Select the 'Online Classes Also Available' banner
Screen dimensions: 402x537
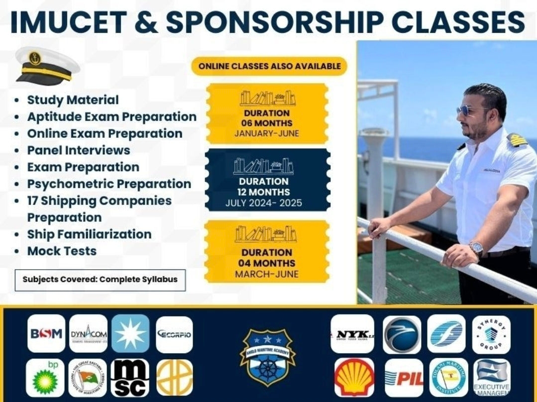[269, 66]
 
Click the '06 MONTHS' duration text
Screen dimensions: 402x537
[267, 123]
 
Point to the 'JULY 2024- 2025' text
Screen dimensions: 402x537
[264, 203]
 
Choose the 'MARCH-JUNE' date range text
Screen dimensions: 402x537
[267, 274]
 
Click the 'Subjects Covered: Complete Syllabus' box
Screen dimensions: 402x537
[100, 279]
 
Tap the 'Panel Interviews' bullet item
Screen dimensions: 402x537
[79, 150]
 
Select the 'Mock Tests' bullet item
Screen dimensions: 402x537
[62, 251]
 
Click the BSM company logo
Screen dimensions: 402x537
[46, 333]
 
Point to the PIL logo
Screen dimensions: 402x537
[404, 378]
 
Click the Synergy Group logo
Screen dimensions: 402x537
[491, 333]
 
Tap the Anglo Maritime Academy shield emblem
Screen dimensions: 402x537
[267, 355]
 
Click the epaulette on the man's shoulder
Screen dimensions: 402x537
[517, 139]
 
